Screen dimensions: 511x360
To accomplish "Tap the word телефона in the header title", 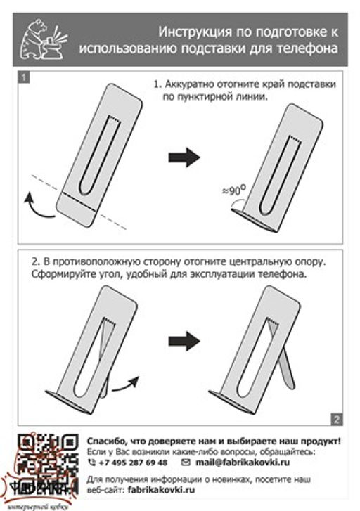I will coord(308,48).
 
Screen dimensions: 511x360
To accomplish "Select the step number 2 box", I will coord(336,419).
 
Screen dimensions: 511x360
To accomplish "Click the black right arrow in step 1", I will coord(184,158).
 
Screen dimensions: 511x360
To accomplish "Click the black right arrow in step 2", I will coord(184,342).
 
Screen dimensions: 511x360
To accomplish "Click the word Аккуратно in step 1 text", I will coord(190,84).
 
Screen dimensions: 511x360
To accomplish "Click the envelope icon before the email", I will coord(186,463).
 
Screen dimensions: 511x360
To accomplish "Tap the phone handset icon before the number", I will coord(92,463).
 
